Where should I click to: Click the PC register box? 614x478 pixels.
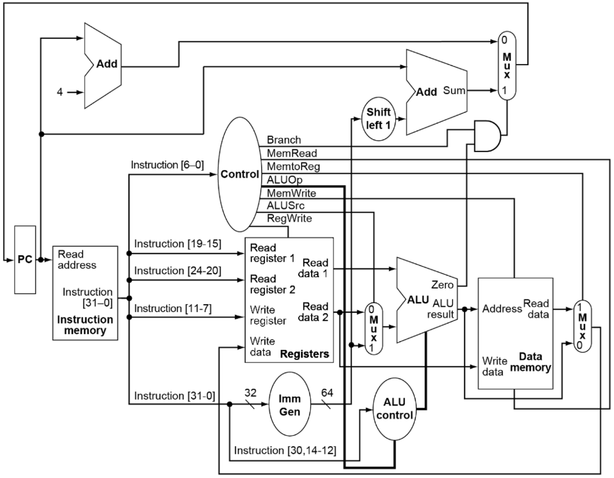click(25, 259)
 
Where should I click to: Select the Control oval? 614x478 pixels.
click(239, 175)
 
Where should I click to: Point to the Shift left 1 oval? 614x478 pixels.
click(378, 117)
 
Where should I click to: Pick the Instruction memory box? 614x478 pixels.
click(85, 293)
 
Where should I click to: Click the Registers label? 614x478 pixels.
click(305, 354)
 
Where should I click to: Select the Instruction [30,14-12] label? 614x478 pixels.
click(287, 450)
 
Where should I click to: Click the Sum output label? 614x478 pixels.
click(454, 91)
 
